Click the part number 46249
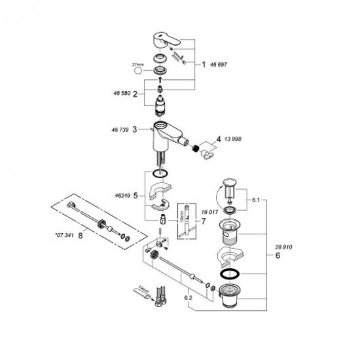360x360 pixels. coord(121,195)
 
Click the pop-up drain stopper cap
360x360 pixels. coord(229,180)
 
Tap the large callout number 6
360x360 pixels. coord(277,257)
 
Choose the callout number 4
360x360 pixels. coord(217,139)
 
